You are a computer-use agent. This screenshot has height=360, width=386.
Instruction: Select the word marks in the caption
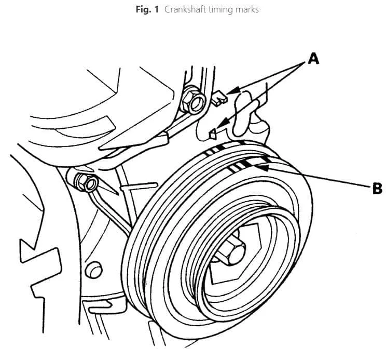click(x=247, y=9)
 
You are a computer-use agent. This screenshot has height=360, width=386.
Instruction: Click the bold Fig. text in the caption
click(x=143, y=9)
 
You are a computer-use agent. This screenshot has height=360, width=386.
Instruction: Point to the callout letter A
click(x=313, y=59)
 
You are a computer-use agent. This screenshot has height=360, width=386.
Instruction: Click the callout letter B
click(x=377, y=189)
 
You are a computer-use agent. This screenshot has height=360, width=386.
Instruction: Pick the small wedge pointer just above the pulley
click(x=212, y=134)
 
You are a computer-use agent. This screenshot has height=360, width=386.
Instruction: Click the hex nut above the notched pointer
click(x=193, y=101)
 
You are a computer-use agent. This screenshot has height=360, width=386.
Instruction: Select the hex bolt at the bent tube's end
click(x=85, y=182)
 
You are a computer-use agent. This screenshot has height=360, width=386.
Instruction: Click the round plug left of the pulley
click(x=93, y=270)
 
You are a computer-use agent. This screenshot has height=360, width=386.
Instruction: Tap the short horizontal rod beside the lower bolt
click(x=139, y=186)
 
